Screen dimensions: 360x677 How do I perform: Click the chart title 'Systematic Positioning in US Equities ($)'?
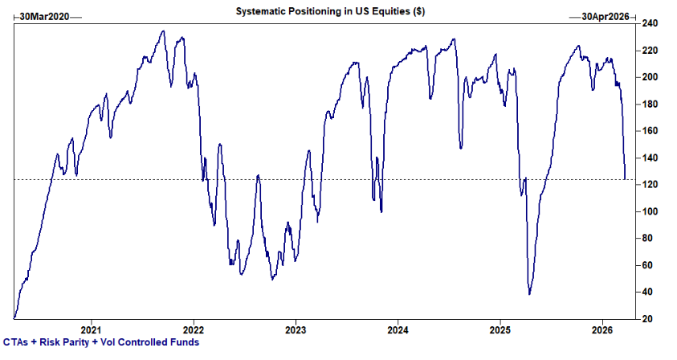click(330, 12)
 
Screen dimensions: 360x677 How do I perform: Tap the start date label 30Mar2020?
click(46, 16)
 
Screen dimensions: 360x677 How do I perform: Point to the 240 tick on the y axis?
click(648, 23)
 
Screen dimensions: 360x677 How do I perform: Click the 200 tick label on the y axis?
click(648, 77)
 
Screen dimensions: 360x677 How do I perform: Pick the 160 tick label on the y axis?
click(648, 131)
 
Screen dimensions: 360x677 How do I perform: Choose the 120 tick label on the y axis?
click(648, 185)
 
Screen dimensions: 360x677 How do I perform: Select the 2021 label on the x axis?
click(91, 329)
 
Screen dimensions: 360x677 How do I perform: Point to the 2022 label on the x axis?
click(194, 329)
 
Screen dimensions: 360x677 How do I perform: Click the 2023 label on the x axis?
click(296, 329)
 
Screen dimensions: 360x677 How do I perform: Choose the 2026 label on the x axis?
click(603, 329)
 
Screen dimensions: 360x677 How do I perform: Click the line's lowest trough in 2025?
click(529, 294)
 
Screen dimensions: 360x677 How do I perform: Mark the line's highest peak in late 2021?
click(163, 31)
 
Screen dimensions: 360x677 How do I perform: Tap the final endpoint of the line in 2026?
click(626, 179)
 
